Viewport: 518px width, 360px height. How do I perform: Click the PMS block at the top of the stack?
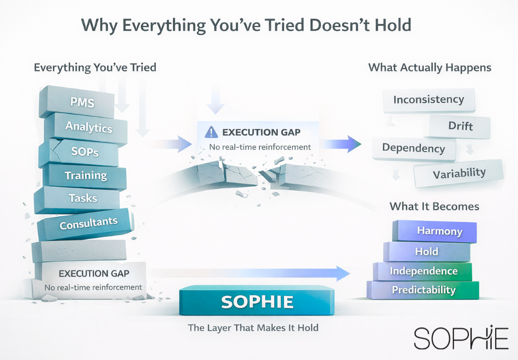77,102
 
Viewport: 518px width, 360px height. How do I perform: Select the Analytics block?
86,128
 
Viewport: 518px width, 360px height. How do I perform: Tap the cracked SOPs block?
78,153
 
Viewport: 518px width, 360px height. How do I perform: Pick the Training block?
84,176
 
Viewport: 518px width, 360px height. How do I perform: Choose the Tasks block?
77,199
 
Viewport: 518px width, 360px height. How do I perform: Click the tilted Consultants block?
86,224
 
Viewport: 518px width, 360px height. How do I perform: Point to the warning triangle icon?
211,132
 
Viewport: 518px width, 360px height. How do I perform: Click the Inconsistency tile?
428,100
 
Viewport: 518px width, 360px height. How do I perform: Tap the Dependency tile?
414,148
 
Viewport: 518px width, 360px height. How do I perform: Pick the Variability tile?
458,173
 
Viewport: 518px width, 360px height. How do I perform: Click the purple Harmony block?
435,231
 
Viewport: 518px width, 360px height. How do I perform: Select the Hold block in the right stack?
427,252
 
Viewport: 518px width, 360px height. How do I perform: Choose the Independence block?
423,271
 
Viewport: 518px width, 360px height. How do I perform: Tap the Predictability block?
423,290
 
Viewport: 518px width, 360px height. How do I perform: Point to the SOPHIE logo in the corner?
461,338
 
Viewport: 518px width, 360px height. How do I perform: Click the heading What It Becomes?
434,207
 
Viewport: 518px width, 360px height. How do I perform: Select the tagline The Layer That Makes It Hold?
253,328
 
